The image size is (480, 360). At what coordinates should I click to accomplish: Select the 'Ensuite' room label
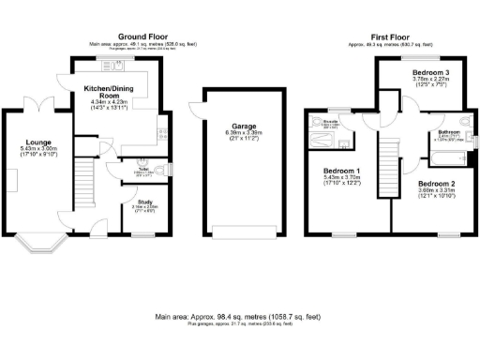coord(330,123)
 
